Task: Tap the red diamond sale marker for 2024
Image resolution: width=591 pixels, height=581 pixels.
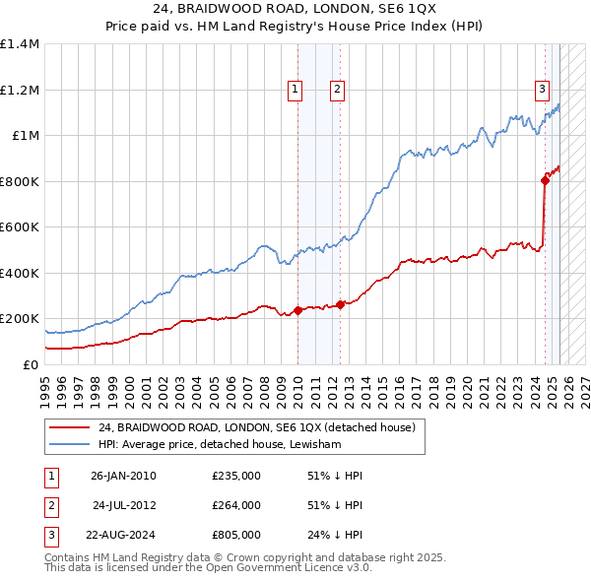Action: tap(545, 180)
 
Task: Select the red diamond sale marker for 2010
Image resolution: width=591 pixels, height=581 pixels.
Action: tap(297, 311)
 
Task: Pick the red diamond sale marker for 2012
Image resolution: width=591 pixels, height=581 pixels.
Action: tap(341, 304)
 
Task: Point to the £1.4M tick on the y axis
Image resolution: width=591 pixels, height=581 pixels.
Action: tap(20, 44)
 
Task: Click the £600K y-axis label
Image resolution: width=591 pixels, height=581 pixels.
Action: tap(20, 226)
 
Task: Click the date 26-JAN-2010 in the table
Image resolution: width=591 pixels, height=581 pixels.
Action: tap(123, 476)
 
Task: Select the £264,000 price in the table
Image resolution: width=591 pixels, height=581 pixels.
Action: tap(236, 505)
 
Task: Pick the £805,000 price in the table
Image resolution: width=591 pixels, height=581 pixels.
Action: tap(236, 535)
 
